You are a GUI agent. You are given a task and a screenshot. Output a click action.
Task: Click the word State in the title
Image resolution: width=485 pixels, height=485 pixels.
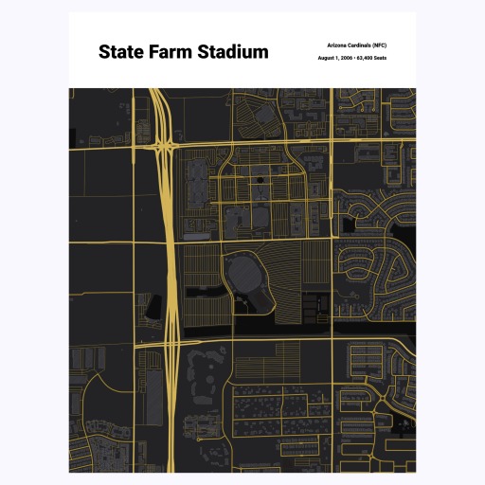click(122, 52)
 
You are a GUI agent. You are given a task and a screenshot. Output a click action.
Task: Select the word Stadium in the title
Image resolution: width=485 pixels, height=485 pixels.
click(233, 52)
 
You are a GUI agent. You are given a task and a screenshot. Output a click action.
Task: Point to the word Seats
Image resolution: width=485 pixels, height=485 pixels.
click(381, 58)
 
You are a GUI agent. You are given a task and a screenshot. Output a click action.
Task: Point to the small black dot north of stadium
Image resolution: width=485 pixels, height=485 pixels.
click(257, 177)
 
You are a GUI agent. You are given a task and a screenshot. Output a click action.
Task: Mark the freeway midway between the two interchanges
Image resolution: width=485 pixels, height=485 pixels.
click(168, 242)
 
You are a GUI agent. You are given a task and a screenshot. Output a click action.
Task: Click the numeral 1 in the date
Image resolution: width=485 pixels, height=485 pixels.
click(335, 58)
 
